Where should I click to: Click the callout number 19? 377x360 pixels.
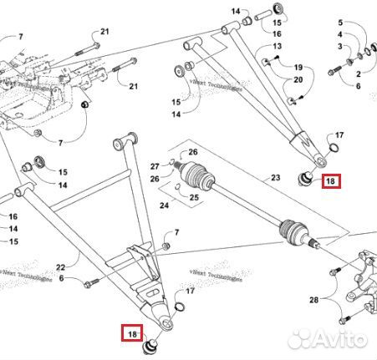(x=297, y=66)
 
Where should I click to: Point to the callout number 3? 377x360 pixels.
(x=339, y=47)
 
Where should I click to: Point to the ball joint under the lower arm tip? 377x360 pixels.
(x=152, y=343)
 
